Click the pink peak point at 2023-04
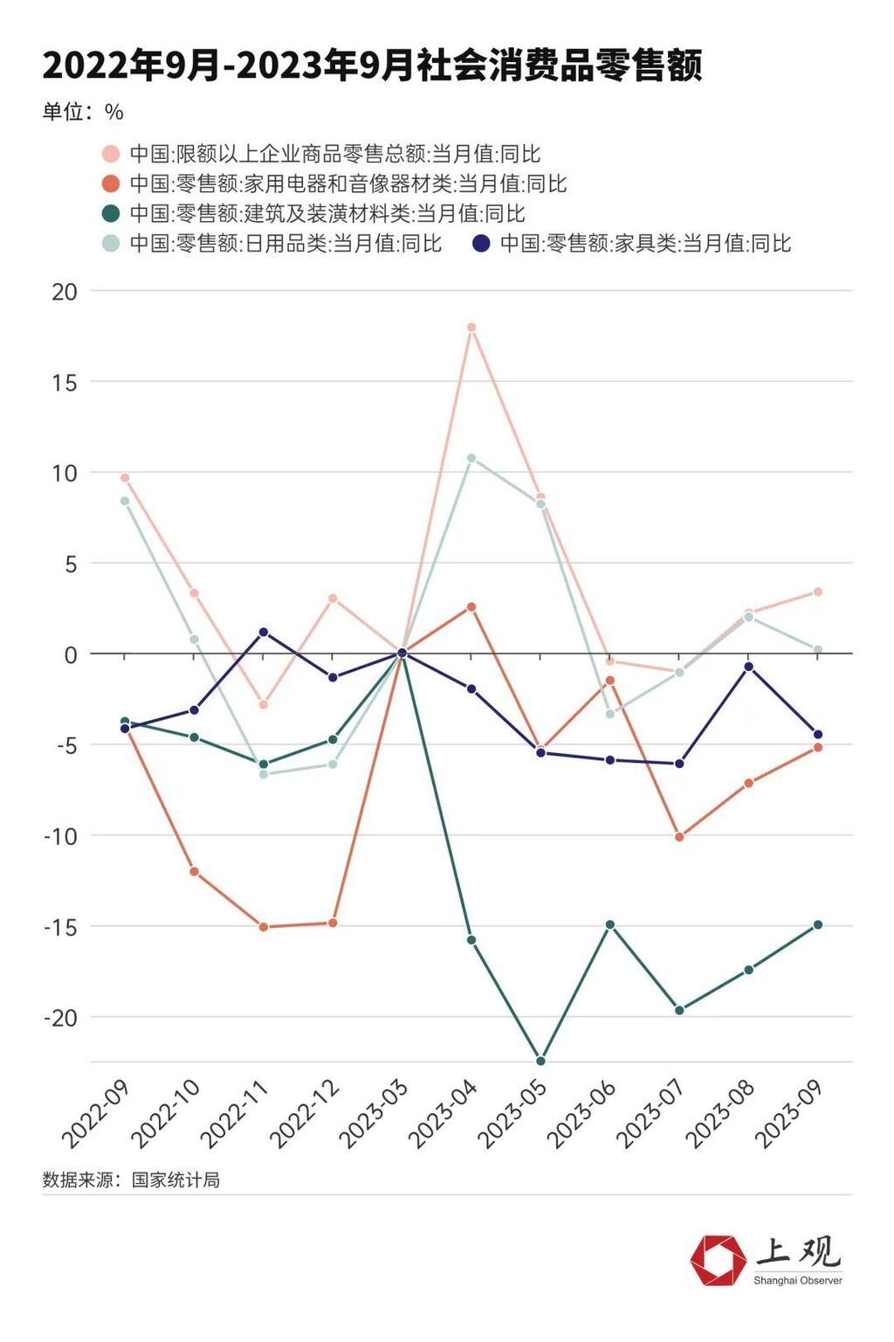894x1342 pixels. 471,328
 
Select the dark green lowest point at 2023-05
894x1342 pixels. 540,1061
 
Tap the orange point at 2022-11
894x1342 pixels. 264,927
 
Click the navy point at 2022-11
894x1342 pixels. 264,632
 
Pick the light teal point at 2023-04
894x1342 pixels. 471,458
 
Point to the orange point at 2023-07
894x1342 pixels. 679,837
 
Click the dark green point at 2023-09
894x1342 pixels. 818,924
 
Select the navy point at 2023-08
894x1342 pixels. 749,667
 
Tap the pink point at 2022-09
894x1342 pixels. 125,478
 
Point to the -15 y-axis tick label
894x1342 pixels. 60,927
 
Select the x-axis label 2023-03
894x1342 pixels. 373,1114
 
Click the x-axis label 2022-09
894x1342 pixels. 96,1114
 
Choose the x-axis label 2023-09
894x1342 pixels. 789,1114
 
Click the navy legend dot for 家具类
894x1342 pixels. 481,244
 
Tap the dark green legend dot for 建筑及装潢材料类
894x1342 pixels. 111,213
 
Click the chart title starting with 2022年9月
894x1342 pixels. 373,66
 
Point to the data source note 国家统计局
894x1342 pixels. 131,1180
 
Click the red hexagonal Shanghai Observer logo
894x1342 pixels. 718,1261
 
